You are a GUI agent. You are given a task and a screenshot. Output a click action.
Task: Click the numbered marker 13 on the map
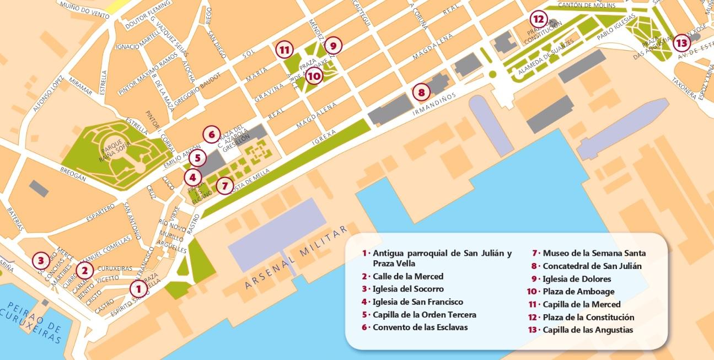click(681, 42)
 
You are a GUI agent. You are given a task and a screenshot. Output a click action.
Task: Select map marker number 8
click(421, 92)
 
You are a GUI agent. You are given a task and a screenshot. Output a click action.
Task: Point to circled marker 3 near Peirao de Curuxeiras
click(40, 259)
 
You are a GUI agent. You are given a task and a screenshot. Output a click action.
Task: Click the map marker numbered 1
click(138, 288)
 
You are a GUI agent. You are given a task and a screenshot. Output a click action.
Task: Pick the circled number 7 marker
click(223, 186)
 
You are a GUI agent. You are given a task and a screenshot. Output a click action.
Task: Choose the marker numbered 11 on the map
click(284, 50)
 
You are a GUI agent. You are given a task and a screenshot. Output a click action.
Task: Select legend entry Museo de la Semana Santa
click(594, 254)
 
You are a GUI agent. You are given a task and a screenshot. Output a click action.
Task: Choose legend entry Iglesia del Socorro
click(408, 289)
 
